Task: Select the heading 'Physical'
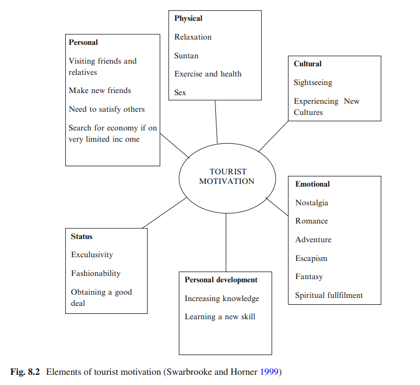(188, 18)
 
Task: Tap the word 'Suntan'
(186, 56)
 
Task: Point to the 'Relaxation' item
(193, 37)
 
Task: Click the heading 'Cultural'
(307, 64)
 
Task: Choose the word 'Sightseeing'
(313, 82)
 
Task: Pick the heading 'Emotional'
(313, 184)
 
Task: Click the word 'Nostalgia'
(312, 203)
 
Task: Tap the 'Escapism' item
(311, 258)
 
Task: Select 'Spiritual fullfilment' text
(329, 295)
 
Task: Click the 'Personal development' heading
(221, 280)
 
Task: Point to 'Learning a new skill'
(220, 317)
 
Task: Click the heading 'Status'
(82, 236)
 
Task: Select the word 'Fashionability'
(96, 273)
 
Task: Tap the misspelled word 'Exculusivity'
(92, 255)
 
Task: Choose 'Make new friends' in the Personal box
(100, 90)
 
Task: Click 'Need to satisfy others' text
(107, 109)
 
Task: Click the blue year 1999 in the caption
(269, 371)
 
